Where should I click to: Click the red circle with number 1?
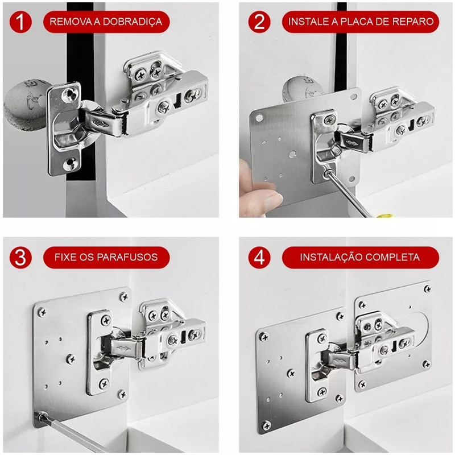[x=20, y=22]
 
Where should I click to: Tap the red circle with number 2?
[x=259, y=22]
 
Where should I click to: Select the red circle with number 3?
[x=20, y=258]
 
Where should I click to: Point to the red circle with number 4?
[x=259, y=258]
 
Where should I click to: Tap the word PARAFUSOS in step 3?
[x=127, y=258]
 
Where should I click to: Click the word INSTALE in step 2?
[x=308, y=22]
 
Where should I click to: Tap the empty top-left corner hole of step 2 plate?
[x=259, y=118]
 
